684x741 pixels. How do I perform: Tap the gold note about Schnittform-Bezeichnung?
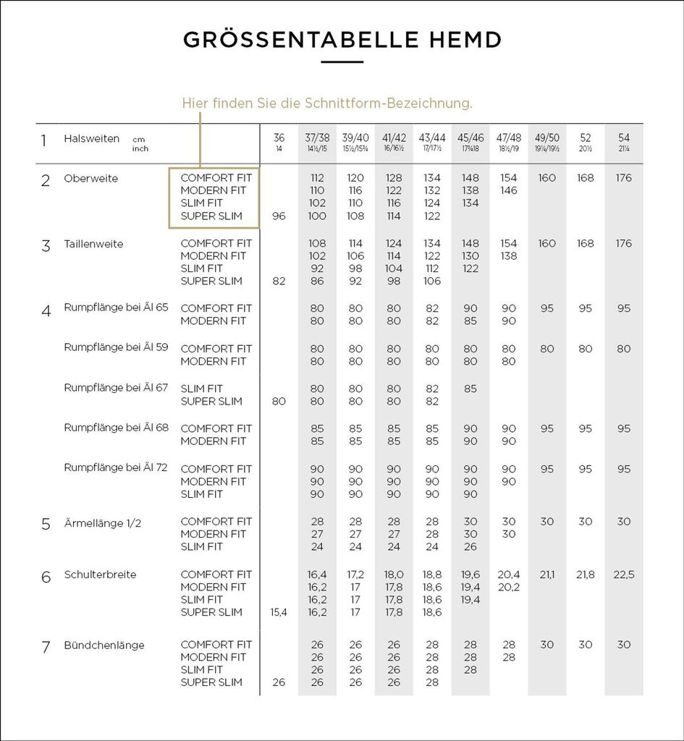327,103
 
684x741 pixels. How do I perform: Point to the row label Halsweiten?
92,138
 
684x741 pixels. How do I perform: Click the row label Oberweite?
90,178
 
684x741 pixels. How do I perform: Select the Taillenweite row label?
93,244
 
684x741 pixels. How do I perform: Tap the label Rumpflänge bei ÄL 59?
116,347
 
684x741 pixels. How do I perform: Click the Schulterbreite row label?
100,575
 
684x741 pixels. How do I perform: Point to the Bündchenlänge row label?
104,645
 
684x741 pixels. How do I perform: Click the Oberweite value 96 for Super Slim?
279,216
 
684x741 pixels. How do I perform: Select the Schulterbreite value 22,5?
624,575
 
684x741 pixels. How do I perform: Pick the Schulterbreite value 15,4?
279,612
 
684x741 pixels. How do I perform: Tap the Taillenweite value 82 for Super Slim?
279,281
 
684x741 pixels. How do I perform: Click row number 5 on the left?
46,524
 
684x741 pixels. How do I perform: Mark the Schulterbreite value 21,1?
547,575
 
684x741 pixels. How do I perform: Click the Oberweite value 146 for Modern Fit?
509,190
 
